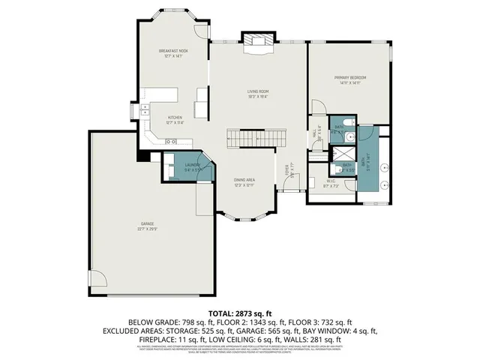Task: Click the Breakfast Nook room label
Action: (x=172, y=51)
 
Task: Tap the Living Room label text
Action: (x=258, y=92)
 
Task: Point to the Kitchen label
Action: (x=175, y=118)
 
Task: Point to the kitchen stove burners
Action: (x=170, y=141)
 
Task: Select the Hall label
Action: (x=314, y=135)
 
